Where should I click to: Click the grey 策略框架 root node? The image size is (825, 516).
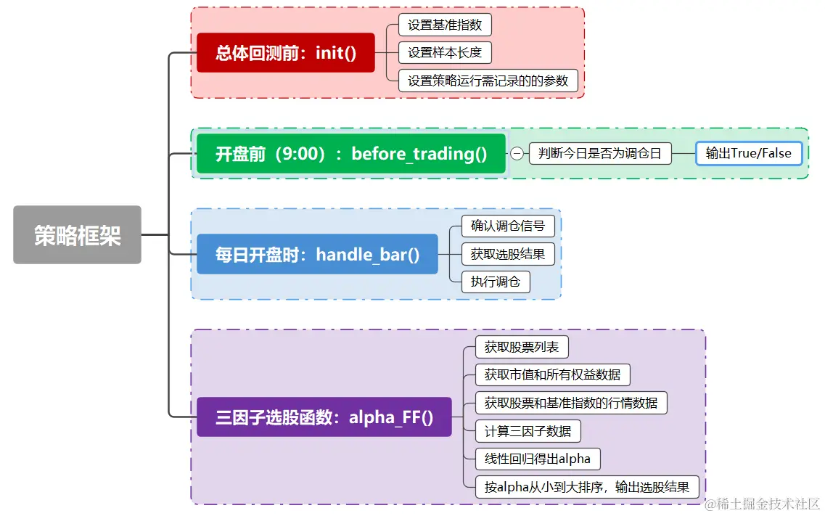pos(77,235)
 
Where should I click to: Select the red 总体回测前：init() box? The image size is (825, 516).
pos(286,53)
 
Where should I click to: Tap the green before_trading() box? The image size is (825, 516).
pos(351,154)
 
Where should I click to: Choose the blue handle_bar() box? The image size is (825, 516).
pos(317,254)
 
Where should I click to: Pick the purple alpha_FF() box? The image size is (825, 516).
pos(324,417)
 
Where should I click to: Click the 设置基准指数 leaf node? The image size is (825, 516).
pos(445,25)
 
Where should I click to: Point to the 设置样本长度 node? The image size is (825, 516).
pos(445,52)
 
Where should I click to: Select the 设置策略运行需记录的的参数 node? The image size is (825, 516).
pos(488,81)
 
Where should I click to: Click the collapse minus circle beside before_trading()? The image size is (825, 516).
pos(517,154)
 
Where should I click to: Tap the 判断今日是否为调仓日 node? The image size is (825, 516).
pos(600,154)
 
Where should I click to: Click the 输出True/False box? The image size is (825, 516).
pos(749,154)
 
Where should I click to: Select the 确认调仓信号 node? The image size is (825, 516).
pos(508,226)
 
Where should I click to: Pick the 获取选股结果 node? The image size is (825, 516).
pos(508,254)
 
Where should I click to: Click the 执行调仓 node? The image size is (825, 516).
pos(496,282)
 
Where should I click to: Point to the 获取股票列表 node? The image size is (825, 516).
pos(522,347)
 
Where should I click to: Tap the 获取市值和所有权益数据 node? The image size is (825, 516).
pos(553,374)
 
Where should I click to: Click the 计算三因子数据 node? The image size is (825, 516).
pos(528,430)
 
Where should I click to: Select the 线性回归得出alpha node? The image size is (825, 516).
pos(538,459)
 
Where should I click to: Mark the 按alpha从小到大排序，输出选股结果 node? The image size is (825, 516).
pos(587,486)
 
